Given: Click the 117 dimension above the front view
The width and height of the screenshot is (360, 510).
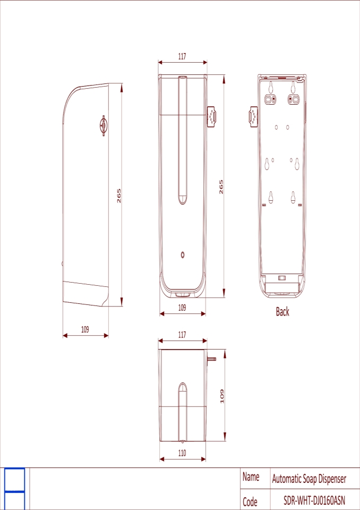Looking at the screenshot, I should (x=182, y=56).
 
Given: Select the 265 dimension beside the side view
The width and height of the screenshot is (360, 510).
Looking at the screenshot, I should (x=119, y=195).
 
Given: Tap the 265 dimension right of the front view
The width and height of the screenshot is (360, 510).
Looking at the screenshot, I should (x=221, y=187).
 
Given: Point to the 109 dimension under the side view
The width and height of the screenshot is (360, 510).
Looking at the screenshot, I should (x=85, y=329).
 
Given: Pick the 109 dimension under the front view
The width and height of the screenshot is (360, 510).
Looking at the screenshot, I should (x=182, y=308).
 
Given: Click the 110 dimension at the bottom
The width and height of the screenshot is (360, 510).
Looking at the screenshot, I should (x=182, y=453).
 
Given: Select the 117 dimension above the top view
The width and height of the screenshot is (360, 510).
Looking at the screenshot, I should (x=182, y=335).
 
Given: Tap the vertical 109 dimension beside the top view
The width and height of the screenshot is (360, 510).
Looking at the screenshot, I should (x=222, y=396).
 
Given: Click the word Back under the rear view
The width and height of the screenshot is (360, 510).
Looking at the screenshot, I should (x=282, y=312).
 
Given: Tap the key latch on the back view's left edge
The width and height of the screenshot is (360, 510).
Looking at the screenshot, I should (x=253, y=116).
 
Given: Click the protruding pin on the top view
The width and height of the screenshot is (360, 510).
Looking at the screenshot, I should (x=212, y=359).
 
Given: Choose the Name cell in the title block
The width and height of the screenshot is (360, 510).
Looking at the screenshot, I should (x=251, y=478).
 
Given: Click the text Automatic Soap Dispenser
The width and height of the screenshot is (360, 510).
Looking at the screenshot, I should (x=309, y=479).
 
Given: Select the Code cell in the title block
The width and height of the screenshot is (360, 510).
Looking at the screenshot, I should (x=250, y=501).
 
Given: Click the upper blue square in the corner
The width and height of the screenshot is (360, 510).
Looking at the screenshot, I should (x=15, y=480).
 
